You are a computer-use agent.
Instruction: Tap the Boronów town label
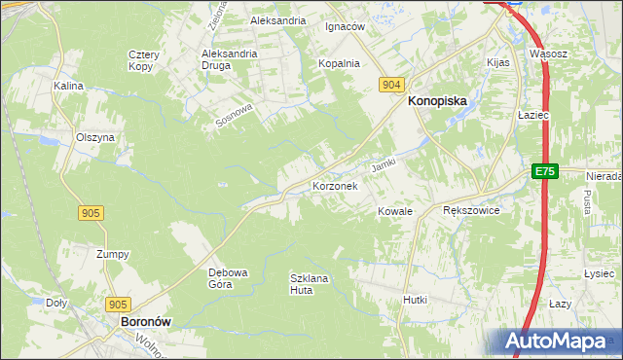[145, 320]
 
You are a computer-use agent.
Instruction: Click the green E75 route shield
[545, 171]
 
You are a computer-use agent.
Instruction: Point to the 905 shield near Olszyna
[92, 212]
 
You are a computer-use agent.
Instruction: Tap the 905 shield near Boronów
[119, 304]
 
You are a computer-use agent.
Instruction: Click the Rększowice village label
[471, 210]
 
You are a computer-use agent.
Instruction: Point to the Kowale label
[395, 211]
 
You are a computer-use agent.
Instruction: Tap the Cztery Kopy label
[144, 60]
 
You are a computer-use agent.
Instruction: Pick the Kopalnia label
[339, 63]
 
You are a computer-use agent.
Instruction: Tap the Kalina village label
[69, 86]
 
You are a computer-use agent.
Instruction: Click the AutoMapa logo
[559, 342]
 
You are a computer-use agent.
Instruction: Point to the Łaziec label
[534, 115]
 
